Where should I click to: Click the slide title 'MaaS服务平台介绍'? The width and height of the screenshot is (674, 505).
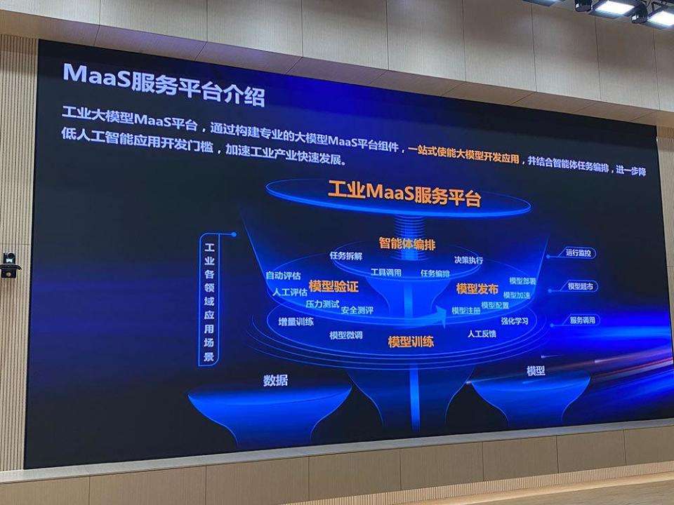(x=163, y=83)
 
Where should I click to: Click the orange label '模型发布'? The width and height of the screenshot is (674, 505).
(x=477, y=288)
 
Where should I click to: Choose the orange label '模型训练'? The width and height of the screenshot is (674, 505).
(x=411, y=342)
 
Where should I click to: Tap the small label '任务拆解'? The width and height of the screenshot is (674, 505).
(x=345, y=255)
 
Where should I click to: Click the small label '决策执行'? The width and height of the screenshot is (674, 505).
(x=468, y=260)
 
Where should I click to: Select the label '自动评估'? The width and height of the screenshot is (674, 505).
(x=282, y=275)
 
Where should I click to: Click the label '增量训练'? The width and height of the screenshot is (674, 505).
(x=296, y=322)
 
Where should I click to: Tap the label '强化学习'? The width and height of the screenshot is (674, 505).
(x=514, y=321)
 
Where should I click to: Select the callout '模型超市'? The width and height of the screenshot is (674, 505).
(x=581, y=286)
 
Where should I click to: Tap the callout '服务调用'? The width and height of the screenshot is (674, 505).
(x=582, y=320)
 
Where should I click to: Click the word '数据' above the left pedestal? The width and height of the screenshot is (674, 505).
(x=275, y=381)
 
